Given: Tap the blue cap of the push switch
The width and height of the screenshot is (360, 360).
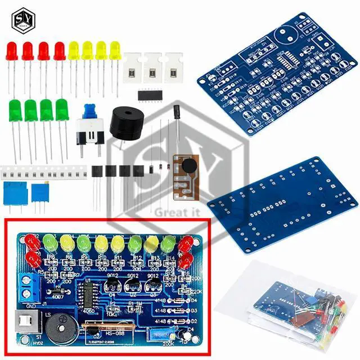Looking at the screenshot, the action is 89,111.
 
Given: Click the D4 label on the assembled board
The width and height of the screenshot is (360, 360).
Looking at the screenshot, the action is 195,300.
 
